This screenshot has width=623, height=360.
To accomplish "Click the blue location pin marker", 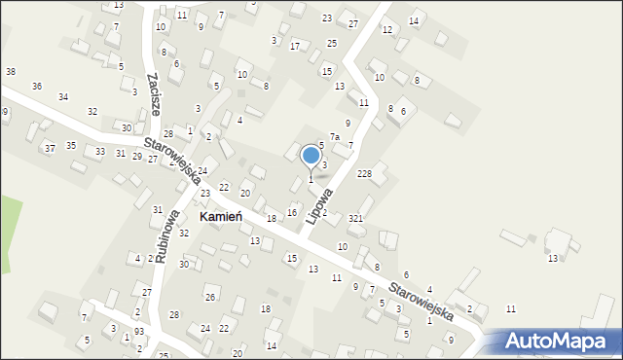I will (x=311, y=156).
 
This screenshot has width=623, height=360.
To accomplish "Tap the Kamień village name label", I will (x=220, y=217).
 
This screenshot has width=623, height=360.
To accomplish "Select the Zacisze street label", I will (x=154, y=93).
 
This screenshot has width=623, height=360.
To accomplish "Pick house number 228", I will (x=364, y=173).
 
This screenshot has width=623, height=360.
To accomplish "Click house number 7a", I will (x=334, y=137).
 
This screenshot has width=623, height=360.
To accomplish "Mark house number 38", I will (x=10, y=72).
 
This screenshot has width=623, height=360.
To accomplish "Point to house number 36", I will (x=37, y=87).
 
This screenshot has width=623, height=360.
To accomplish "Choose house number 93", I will (x=139, y=332).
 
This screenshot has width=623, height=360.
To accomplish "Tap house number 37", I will (x=50, y=148).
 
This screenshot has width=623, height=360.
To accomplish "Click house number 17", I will (x=295, y=46).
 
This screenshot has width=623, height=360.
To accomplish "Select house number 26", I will (x=209, y=297).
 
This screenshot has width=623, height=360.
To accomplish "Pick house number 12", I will (x=386, y=30).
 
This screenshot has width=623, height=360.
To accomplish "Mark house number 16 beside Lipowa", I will (x=291, y=212).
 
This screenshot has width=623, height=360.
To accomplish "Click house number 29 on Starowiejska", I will (x=136, y=156).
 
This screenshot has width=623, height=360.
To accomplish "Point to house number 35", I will (x=71, y=145).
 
